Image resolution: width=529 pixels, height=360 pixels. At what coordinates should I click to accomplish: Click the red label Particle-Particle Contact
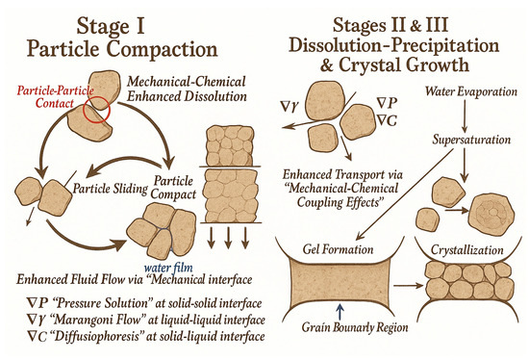pos(56,97)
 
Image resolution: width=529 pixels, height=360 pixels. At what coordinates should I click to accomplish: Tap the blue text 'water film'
pos(168,268)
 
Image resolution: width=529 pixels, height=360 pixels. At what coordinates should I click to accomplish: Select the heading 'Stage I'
pos(111,27)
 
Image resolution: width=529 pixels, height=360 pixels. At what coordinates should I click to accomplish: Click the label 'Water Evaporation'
pos(471,91)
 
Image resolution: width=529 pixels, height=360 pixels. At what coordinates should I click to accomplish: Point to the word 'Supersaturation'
pos(471,140)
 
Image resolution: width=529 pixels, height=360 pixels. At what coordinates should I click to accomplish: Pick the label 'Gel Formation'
pos(338,249)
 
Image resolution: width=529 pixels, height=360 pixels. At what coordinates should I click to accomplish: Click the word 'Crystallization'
pos(466,250)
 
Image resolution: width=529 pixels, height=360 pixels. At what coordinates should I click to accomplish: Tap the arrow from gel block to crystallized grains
pos(408,286)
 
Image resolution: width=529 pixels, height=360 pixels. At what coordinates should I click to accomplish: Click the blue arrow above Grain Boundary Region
pos(340,311)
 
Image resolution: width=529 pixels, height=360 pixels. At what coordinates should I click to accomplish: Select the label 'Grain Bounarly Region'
pos(355,327)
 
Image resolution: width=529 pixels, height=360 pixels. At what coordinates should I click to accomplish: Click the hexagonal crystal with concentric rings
pos(491,212)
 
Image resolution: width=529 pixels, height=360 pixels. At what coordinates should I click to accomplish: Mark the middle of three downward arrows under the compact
pos(228,238)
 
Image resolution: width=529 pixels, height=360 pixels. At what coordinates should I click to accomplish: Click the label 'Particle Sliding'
pos(111,189)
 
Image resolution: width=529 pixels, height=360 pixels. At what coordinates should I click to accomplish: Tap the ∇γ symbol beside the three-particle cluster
pos(290,107)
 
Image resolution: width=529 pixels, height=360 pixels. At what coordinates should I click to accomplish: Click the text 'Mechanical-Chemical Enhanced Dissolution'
pos(187,90)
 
